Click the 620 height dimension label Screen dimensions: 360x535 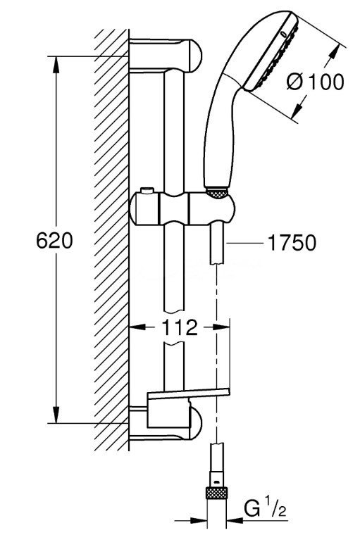coord(55,241)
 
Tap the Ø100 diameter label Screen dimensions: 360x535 coord(315,82)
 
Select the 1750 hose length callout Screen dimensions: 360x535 coord(292,243)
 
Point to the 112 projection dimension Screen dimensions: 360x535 coord(180,327)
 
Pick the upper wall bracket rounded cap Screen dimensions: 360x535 coord(193,56)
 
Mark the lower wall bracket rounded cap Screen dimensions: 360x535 coord(194,422)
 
